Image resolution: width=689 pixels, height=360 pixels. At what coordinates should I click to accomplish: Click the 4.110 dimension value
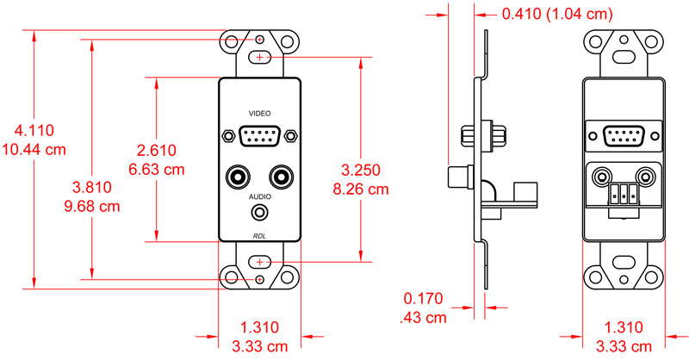tap(34, 131)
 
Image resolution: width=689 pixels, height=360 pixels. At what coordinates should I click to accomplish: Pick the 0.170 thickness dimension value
tap(423, 299)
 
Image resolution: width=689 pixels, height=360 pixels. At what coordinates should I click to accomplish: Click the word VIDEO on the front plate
tap(259, 114)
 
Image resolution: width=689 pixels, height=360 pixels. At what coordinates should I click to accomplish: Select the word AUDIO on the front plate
tap(259, 196)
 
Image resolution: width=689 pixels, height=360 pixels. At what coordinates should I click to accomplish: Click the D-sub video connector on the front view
tap(259, 135)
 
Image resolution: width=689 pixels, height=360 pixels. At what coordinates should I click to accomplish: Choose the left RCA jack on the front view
tap(238, 177)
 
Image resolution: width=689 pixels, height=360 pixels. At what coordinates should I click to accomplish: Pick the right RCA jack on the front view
tap(281, 177)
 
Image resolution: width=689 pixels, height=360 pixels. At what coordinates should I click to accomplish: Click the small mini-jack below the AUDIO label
tap(259, 213)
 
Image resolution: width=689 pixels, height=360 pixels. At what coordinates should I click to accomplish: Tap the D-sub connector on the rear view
tap(624, 135)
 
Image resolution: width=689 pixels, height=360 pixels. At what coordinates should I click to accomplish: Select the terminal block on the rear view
tap(624, 195)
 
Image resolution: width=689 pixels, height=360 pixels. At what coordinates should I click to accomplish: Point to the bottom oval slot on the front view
tap(259, 261)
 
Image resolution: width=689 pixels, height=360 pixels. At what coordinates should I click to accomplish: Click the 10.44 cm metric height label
tap(34, 149)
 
